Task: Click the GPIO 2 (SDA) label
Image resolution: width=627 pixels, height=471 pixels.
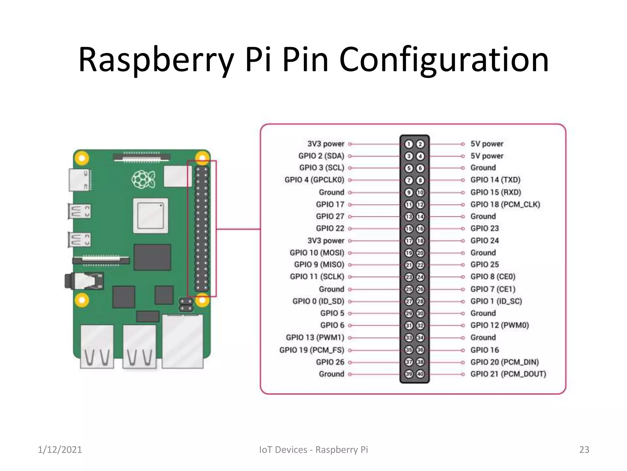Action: coord(321,156)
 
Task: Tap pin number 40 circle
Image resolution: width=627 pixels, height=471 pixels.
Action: coord(420,374)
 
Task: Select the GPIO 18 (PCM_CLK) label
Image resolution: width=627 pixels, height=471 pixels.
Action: coord(505,204)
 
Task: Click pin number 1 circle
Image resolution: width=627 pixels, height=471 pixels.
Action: coord(409,144)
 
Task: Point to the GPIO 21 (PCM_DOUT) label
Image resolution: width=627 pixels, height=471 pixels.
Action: coord(508,374)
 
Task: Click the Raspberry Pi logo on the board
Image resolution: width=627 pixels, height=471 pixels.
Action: coord(144,179)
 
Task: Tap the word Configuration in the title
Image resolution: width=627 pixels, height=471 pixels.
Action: coord(444,60)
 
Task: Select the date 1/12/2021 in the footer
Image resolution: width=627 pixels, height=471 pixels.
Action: coord(60,450)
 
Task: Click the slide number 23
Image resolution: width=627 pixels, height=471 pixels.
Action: coord(584,450)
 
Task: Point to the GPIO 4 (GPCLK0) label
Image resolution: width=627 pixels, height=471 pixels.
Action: coord(314,180)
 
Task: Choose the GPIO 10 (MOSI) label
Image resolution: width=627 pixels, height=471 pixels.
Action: coord(317,253)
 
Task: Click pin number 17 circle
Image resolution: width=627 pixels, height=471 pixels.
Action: coord(409,241)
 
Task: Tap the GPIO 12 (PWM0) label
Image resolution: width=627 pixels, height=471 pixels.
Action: coord(500,325)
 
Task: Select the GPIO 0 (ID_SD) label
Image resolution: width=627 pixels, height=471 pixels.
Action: coord(318,301)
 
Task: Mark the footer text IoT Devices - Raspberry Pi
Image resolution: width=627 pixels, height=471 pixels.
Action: coord(313,450)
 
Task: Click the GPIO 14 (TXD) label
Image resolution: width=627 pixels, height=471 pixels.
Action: coord(495,180)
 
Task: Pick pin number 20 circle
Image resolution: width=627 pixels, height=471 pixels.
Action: coord(420,253)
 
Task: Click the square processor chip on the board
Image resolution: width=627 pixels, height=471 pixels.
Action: coord(150,216)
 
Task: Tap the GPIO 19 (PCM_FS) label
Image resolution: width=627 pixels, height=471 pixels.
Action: coord(312,350)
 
